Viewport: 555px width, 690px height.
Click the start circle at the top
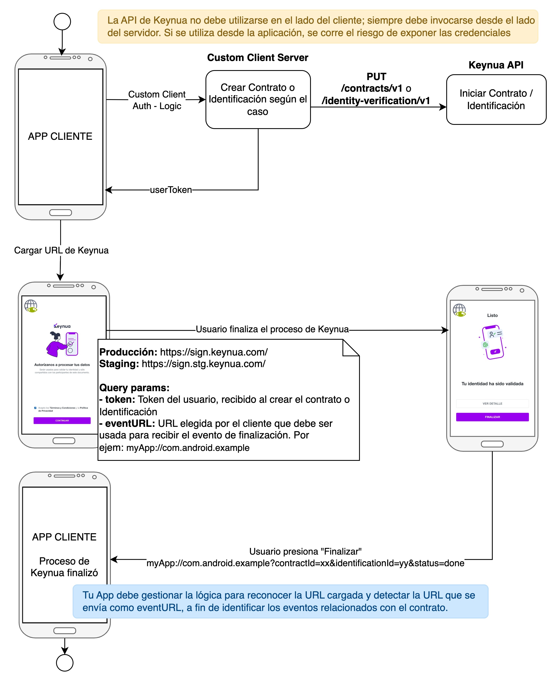[62, 21]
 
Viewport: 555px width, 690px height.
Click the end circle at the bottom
[65, 662]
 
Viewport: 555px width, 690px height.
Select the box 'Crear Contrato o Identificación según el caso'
[258, 100]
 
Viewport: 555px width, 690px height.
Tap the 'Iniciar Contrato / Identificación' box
[496, 100]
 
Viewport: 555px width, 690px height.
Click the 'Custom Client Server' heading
[258, 58]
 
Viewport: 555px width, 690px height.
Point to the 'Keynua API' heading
[496, 65]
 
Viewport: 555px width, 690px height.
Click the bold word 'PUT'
[376, 77]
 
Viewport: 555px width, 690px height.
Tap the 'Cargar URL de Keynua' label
[61, 250]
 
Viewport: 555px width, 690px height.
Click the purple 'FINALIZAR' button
[492, 417]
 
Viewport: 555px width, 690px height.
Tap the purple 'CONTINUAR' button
[62, 421]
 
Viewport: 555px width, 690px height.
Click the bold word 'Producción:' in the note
[128, 352]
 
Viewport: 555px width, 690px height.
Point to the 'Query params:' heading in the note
[134, 388]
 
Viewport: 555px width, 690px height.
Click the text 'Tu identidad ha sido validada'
[492, 384]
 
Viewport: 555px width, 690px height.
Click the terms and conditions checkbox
[35, 408]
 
